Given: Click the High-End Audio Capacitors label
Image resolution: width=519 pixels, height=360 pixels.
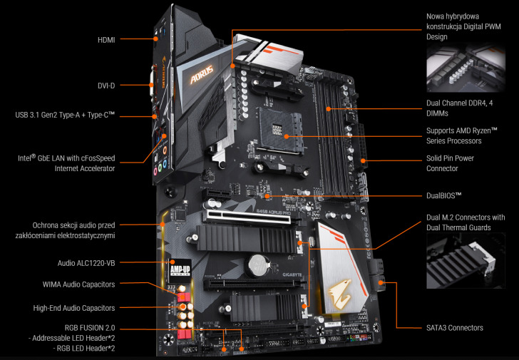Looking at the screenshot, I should [x=73, y=308].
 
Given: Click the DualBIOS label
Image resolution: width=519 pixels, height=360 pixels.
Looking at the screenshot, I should [x=443, y=195].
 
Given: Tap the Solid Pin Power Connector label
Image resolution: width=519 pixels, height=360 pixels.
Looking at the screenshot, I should [x=450, y=163].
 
